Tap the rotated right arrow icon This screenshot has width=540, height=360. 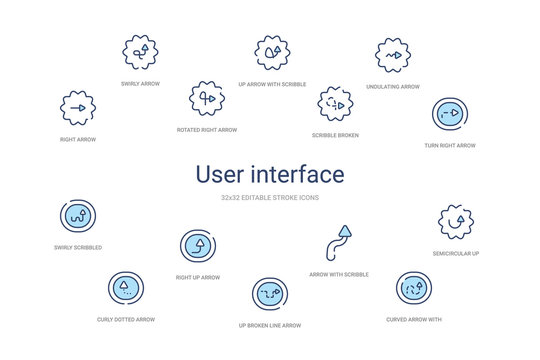(207, 98)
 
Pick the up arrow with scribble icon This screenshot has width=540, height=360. (271, 50)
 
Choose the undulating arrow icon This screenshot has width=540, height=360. (392, 54)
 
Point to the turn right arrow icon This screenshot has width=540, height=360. (449, 115)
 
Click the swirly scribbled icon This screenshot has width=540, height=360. (79, 215)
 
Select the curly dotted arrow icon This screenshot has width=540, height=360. (125, 287)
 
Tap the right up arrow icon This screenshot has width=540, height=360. (197, 245)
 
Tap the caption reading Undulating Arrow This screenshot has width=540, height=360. (392, 87)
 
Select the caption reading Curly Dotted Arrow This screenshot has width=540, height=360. (125, 319)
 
